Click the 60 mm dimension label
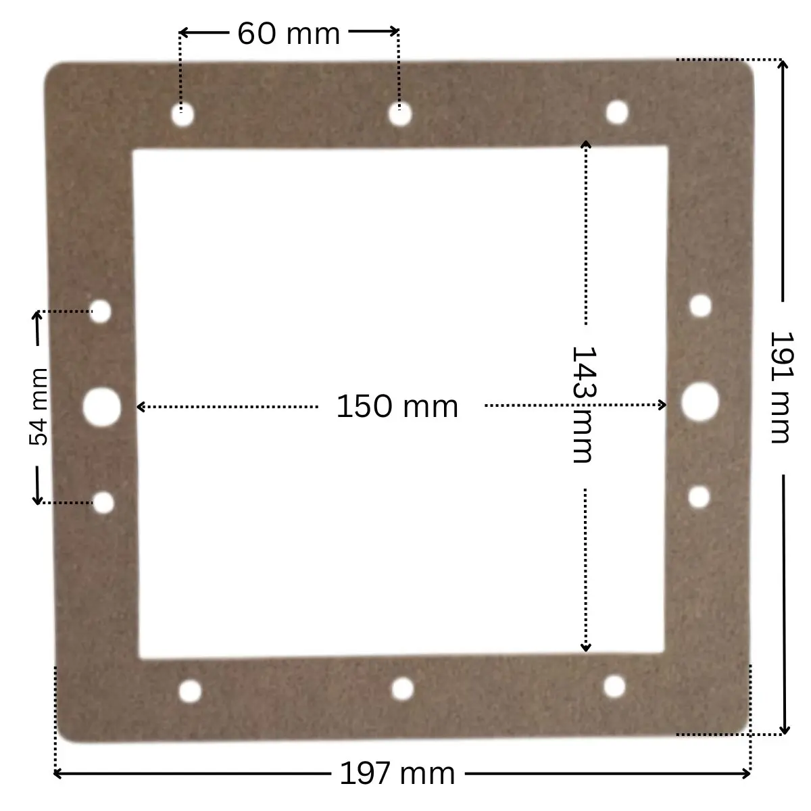click(x=289, y=33)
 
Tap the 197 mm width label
click(x=397, y=773)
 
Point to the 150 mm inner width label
click(x=397, y=406)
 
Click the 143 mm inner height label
click(x=582, y=404)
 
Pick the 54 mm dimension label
click(x=39, y=406)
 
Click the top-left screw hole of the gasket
click(x=182, y=116)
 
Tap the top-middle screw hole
click(x=400, y=115)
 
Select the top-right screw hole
click(x=616, y=112)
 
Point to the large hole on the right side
click(x=700, y=401)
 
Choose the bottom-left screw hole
click(x=191, y=691)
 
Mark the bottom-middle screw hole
click(x=403, y=689)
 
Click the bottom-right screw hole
click(x=614, y=686)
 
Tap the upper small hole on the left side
click(x=101, y=312)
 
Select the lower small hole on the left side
click(x=103, y=502)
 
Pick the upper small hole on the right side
click(x=701, y=306)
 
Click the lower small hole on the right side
click(x=699, y=497)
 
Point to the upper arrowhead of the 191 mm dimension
click(x=783, y=65)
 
